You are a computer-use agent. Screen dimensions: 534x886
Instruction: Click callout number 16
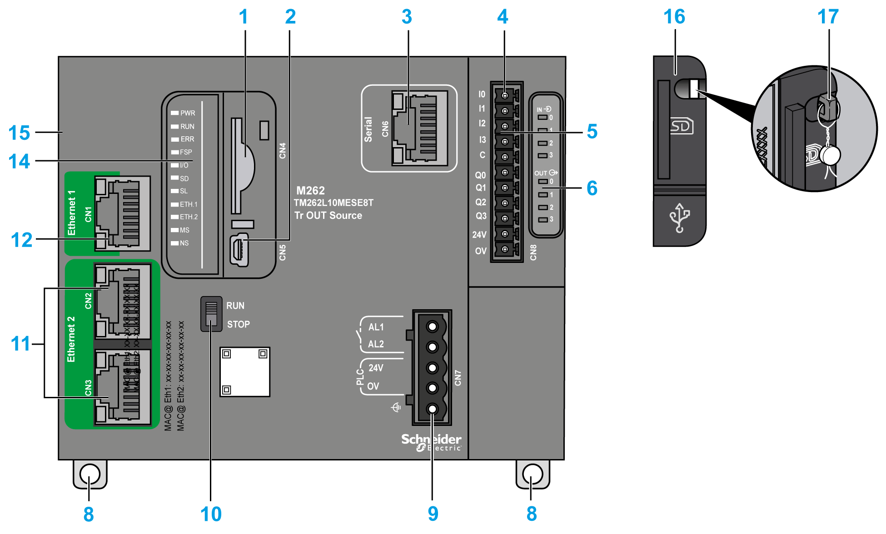click(674, 17)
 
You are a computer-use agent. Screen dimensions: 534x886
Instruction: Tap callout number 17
click(827, 17)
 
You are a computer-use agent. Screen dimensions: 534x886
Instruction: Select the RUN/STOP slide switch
click(211, 314)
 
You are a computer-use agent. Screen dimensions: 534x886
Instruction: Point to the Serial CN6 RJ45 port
click(419, 128)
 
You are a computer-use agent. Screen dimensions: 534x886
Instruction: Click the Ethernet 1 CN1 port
click(122, 213)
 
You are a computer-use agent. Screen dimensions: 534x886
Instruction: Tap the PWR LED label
click(187, 113)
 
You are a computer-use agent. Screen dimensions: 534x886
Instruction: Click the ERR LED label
click(187, 139)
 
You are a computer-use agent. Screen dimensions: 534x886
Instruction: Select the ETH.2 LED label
click(189, 217)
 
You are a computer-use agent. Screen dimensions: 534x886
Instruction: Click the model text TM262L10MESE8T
click(333, 203)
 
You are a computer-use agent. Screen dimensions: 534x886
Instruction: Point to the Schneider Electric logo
click(431, 442)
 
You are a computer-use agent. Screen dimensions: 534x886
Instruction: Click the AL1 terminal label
click(376, 327)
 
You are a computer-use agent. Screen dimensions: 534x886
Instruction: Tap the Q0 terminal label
click(480, 175)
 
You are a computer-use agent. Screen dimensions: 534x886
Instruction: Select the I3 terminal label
click(482, 140)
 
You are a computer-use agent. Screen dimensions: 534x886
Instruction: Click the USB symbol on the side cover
click(679, 218)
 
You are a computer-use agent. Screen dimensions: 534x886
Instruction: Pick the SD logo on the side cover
click(682, 126)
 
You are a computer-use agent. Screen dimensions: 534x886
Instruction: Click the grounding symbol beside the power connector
click(396, 407)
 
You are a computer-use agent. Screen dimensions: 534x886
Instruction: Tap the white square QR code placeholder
click(245, 372)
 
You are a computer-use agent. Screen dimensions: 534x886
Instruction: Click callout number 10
click(211, 514)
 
